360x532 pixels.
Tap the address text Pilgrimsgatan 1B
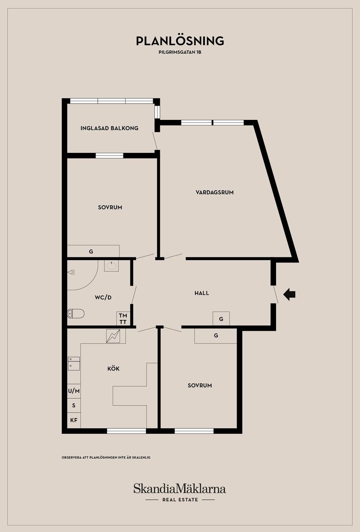(x=180, y=52)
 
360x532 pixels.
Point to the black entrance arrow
(x=289, y=294)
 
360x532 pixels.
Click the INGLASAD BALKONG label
(x=109, y=128)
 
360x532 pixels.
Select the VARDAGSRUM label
(x=215, y=192)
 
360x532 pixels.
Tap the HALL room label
(x=202, y=293)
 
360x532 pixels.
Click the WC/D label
(x=103, y=297)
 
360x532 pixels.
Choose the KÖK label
(x=113, y=369)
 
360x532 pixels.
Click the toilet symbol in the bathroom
(x=76, y=314)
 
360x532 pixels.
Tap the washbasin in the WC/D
(x=111, y=266)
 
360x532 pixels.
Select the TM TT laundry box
(x=123, y=318)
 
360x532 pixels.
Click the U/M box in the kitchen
(x=74, y=391)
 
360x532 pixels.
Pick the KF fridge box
(x=74, y=420)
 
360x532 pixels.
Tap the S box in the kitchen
(x=74, y=405)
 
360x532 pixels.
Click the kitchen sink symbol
(x=74, y=364)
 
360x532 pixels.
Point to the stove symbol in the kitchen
(x=113, y=336)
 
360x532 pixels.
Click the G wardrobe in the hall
(x=221, y=318)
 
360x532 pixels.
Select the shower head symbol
(x=71, y=272)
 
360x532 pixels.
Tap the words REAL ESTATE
(x=180, y=500)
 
